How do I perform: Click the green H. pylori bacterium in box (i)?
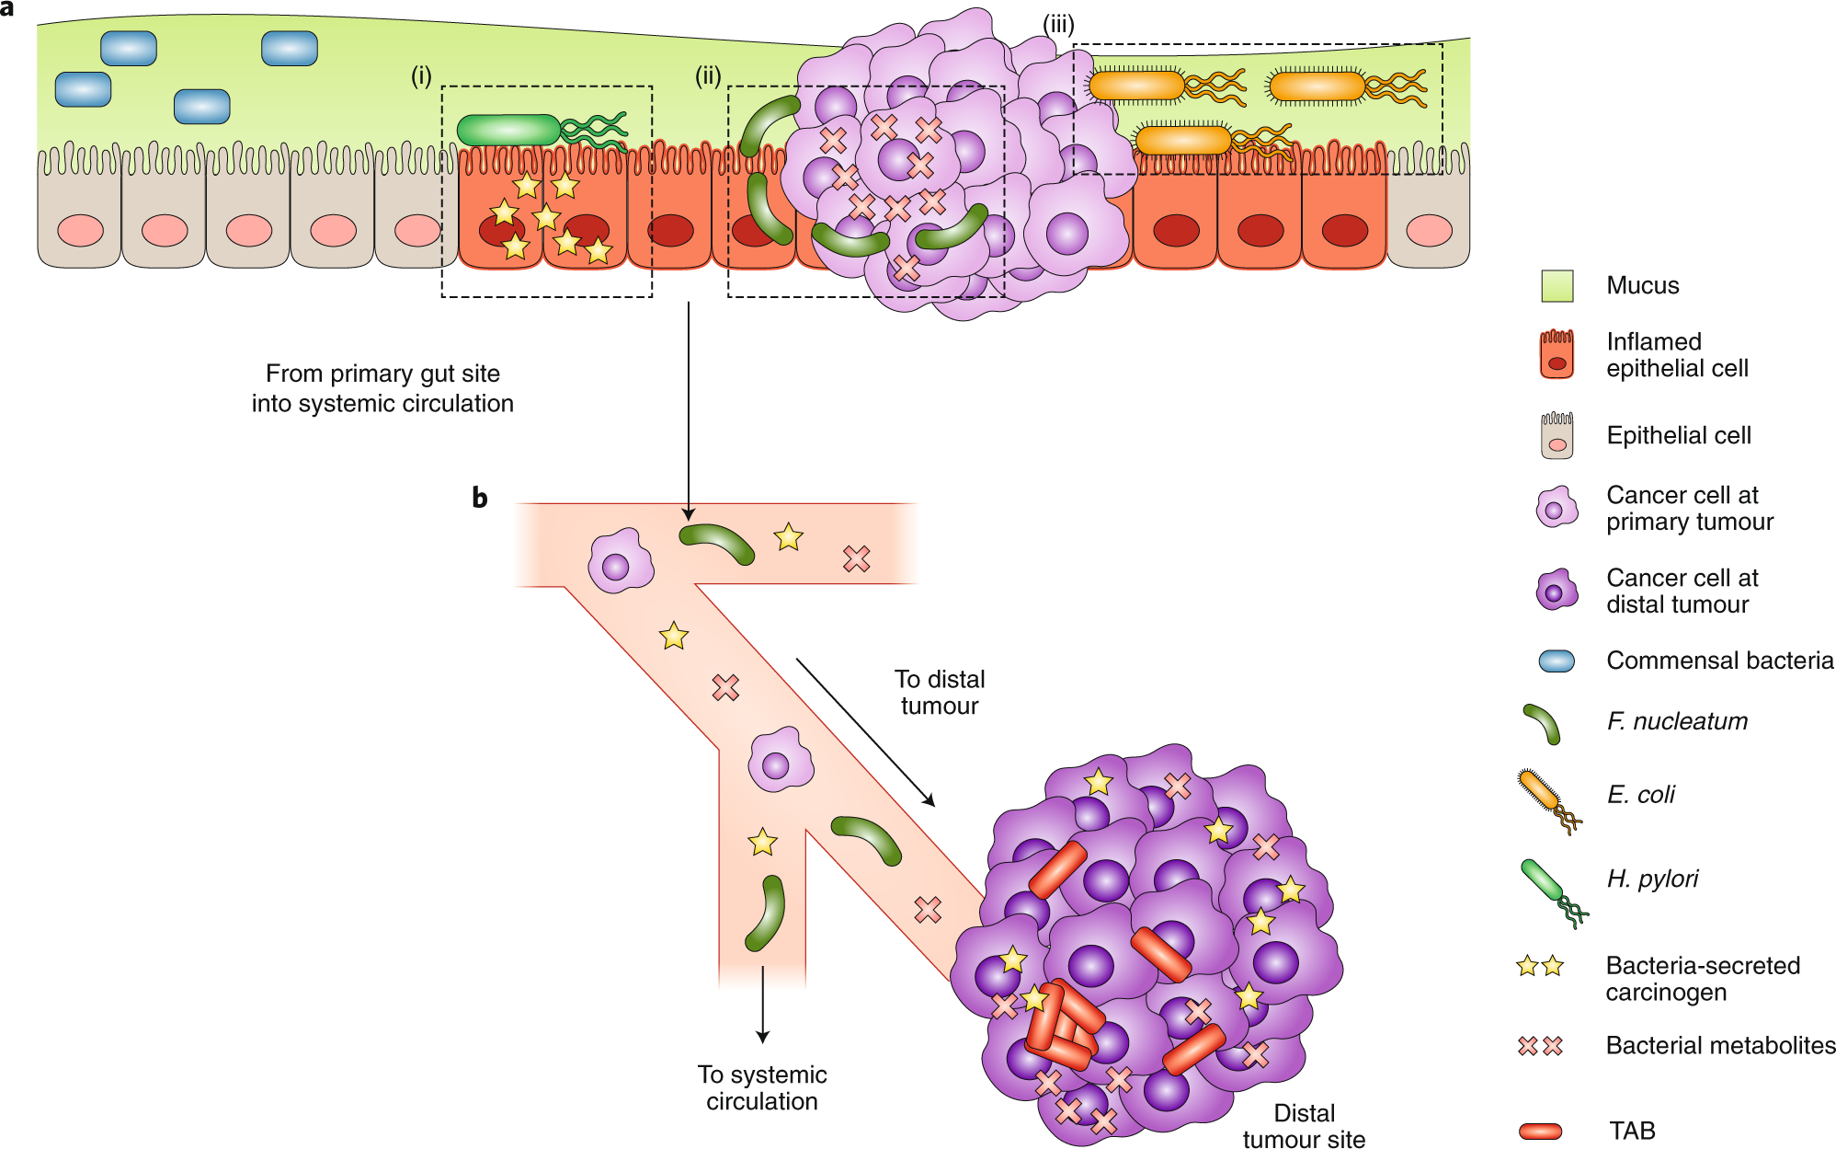tap(508, 131)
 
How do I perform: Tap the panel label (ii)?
tap(708, 75)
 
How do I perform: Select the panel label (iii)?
tap(1058, 24)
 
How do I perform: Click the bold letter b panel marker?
tap(479, 498)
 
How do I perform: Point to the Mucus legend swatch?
tap(1557, 286)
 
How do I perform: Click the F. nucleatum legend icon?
tap(1542, 724)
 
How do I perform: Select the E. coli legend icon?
tap(1548, 800)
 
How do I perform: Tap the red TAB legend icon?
tap(1541, 1131)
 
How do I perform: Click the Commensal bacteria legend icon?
tap(1556, 661)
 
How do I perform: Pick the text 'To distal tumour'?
tap(939, 692)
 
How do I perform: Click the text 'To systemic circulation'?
tap(761, 1087)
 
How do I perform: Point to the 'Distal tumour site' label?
tap(1304, 1126)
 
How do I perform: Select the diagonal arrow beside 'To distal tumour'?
tap(865, 732)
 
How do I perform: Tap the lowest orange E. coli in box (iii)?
tap(1183, 141)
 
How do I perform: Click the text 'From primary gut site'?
tap(382, 373)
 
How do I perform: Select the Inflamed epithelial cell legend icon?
tap(1557, 355)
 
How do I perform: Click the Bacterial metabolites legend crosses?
tap(1540, 1046)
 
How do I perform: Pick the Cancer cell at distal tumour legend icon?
tap(1556, 591)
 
